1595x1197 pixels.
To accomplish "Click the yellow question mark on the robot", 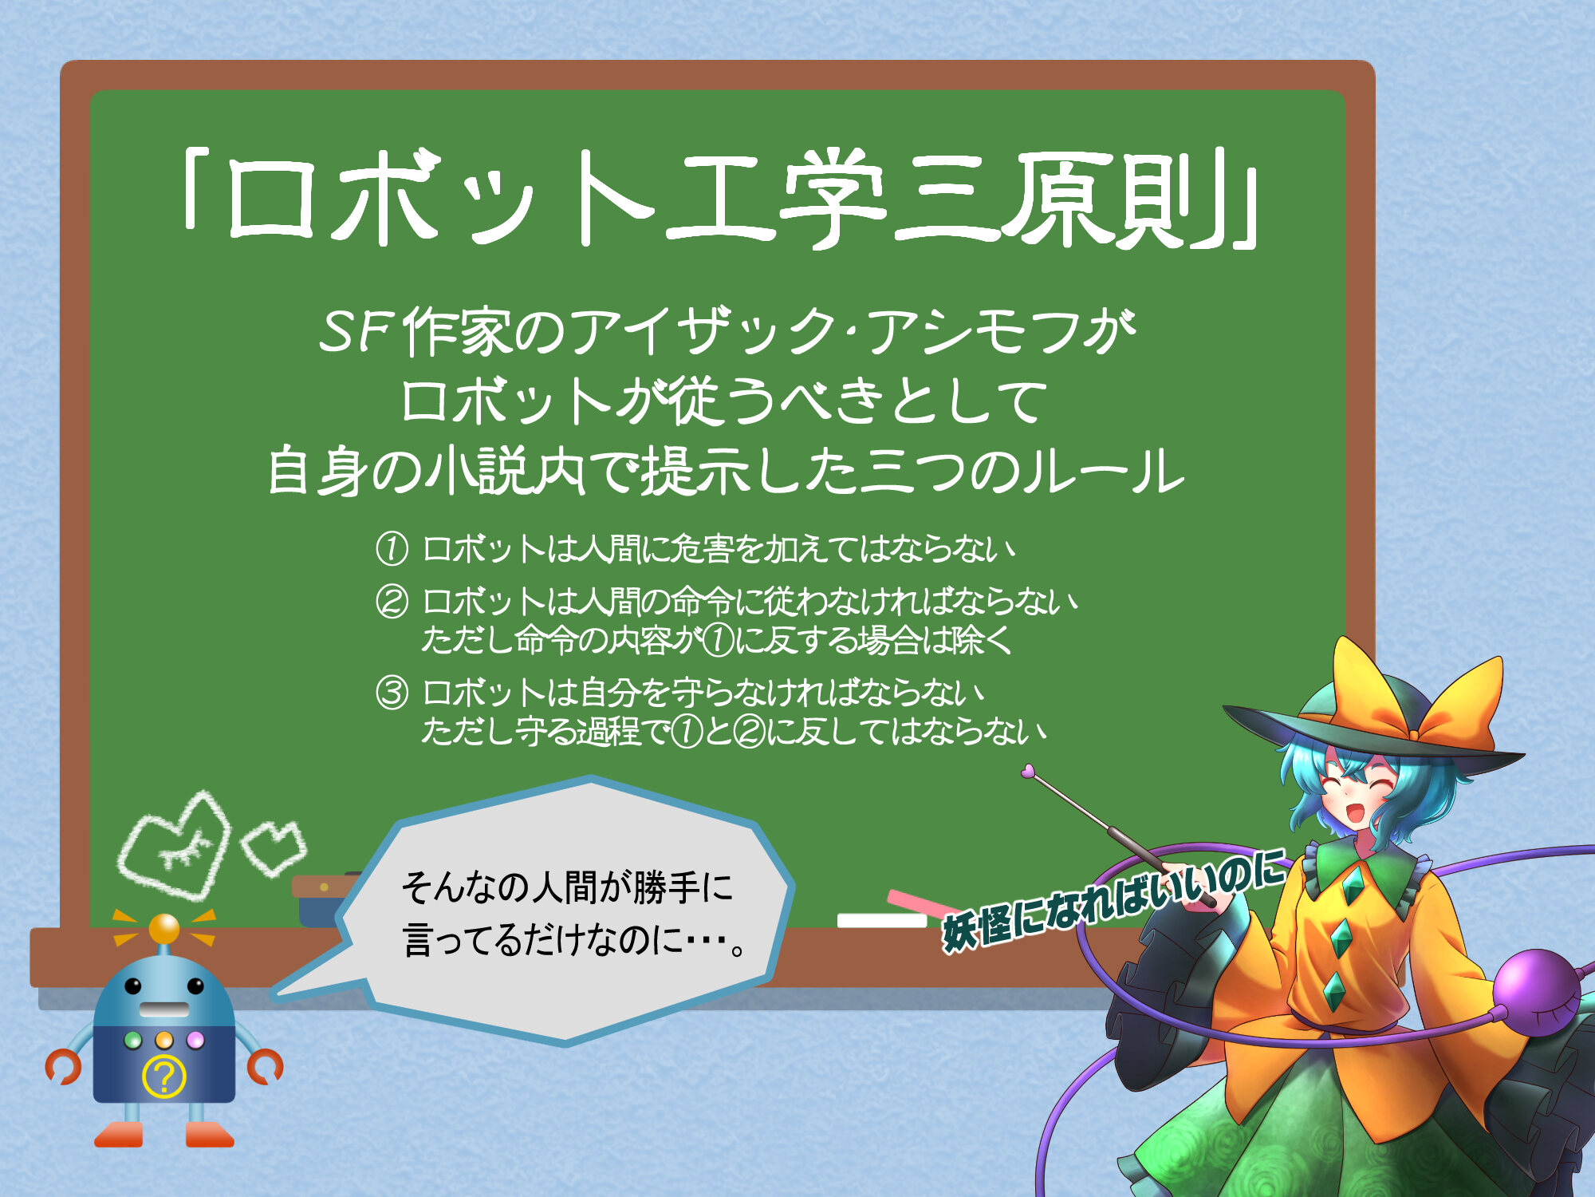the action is point(163,1076).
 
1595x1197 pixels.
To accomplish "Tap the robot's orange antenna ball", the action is point(164,928).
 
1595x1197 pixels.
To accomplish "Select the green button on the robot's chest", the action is point(133,1041).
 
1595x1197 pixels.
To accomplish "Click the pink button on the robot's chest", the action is point(195,1041).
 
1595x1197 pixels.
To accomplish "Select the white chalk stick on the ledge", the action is point(881,920).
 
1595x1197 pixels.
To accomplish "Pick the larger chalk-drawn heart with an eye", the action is point(175,846).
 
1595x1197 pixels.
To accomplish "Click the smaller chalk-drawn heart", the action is point(274,847).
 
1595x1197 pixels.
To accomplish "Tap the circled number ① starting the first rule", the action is point(392,549).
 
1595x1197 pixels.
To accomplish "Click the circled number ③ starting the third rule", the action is point(392,692).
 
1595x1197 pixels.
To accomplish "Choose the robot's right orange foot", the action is point(209,1135).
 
